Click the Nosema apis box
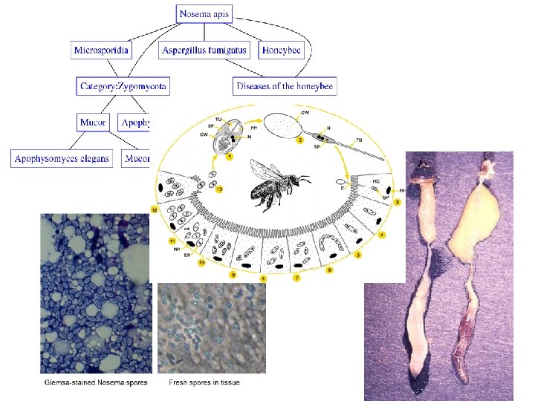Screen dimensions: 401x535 [x=205, y=13]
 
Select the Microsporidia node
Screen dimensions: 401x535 [x=102, y=50]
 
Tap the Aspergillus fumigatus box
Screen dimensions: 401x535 [x=205, y=50]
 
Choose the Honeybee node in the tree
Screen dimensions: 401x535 [x=282, y=50]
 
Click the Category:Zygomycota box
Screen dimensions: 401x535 [x=123, y=86]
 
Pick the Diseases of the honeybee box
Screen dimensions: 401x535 [x=285, y=86]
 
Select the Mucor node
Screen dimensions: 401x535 [x=94, y=122]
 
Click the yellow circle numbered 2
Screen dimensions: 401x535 [x=300, y=139]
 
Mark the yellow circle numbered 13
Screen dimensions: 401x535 [x=218, y=190]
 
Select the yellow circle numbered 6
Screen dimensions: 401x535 [x=329, y=270]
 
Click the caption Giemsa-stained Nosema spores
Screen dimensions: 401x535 [x=95, y=383]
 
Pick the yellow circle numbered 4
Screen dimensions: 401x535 [x=382, y=235]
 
